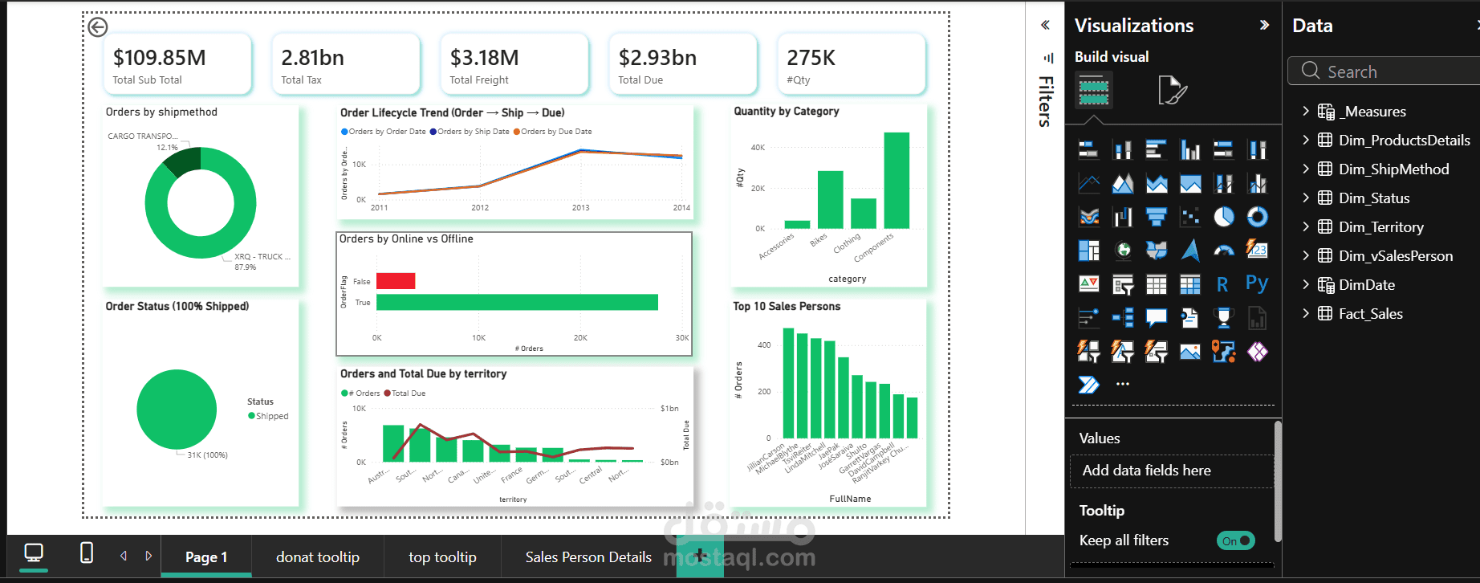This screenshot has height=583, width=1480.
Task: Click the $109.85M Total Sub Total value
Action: (x=160, y=58)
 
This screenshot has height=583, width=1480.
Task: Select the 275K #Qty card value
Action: (x=811, y=58)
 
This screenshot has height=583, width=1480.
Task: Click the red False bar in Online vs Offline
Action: (x=396, y=281)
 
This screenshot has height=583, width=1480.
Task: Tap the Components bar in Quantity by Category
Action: (x=897, y=181)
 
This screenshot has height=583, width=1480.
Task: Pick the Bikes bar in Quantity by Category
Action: (x=830, y=200)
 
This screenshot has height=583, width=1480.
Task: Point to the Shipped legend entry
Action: (x=271, y=416)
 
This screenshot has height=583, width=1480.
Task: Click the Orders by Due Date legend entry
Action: (x=556, y=132)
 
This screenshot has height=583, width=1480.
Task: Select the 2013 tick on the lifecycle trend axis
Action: (x=580, y=208)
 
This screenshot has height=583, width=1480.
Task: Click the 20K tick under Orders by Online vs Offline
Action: (x=580, y=338)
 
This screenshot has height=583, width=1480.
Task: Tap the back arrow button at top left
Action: (x=98, y=27)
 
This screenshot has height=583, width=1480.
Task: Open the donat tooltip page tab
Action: (x=318, y=557)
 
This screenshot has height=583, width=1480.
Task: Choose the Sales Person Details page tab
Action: (x=588, y=557)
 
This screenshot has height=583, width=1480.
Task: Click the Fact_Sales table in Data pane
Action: (x=1370, y=314)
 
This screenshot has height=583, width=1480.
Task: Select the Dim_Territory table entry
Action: (x=1380, y=227)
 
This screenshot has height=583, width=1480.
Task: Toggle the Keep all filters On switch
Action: (x=1235, y=540)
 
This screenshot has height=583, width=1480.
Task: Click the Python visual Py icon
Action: (x=1257, y=283)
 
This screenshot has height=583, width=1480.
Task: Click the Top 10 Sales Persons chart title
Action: (x=787, y=307)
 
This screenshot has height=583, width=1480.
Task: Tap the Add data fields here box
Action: (x=1172, y=471)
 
